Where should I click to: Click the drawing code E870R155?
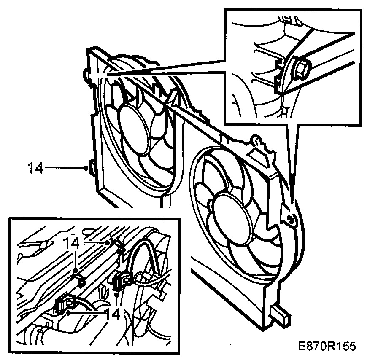tap(326, 346)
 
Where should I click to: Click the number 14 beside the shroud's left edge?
tap(35, 168)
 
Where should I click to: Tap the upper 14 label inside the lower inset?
tap(73, 243)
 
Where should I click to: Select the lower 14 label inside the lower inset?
tap(112, 314)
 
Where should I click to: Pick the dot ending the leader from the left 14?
tap(86, 168)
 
